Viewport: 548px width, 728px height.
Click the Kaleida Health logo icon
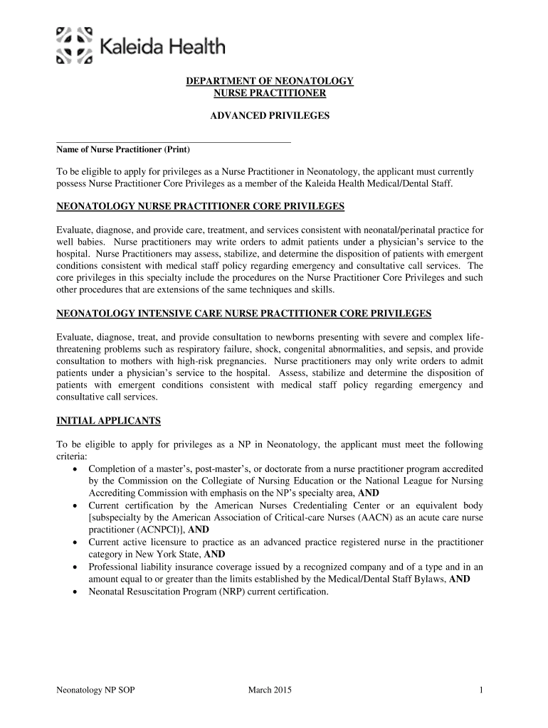click(75, 45)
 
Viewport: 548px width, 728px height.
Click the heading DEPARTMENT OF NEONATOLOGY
click(270, 82)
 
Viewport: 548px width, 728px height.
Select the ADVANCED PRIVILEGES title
click(270, 114)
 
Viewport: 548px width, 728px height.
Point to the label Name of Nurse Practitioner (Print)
click(123, 150)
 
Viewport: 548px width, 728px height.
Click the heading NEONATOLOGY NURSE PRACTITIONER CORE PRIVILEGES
click(200, 207)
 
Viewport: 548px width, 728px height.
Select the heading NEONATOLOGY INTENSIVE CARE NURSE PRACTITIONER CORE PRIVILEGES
click(244, 314)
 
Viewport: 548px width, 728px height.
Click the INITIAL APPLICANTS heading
click(108, 421)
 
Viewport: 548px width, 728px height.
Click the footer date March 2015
click(270, 690)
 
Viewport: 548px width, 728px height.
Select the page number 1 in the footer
click(482, 690)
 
